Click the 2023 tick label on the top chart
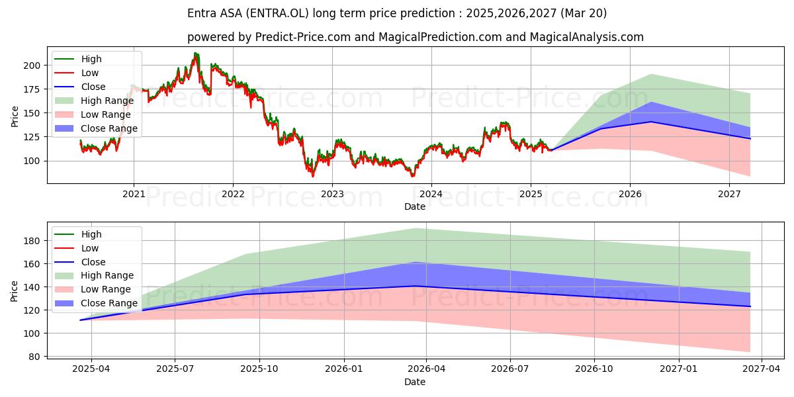pyautogui.click(x=332, y=195)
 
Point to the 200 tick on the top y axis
pyautogui.click(x=32, y=66)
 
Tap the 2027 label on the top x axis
pyautogui.click(x=729, y=195)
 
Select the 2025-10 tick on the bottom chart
pyautogui.click(x=259, y=369)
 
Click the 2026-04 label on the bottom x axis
pyautogui.click(x=426, y=369)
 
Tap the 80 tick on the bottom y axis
pyautogui.click(x=34, y=357)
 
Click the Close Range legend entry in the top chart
pyautogui.click(x=96, y=128)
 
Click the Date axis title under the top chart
pyautogui.click(x=415, y=206)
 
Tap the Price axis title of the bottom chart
pyautogui.click(x=14, y=291)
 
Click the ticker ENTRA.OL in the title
pyautogui.click(x=277, y=13)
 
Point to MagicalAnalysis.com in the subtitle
pyautogui.click(x=587, y=37)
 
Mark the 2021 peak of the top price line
pyautogui.click(x=195, y=53)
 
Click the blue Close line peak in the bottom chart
pyautogui.click(x=415, y=286)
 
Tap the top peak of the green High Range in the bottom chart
pyautogui.click(x=416, y=229)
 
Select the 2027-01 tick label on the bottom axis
pyautogui.click(x=678, y=369)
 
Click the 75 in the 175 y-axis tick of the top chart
pyautogui.click(x=35, y=89)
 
